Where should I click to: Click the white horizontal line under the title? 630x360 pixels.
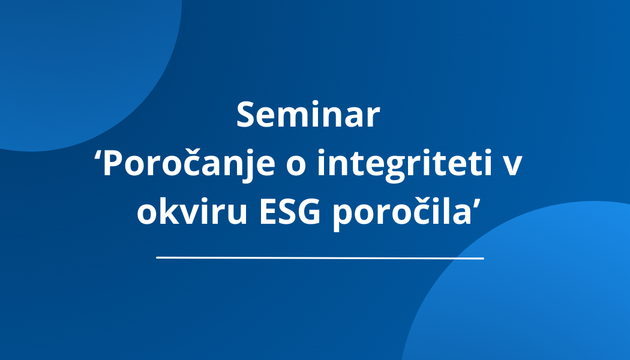point(320,258)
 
